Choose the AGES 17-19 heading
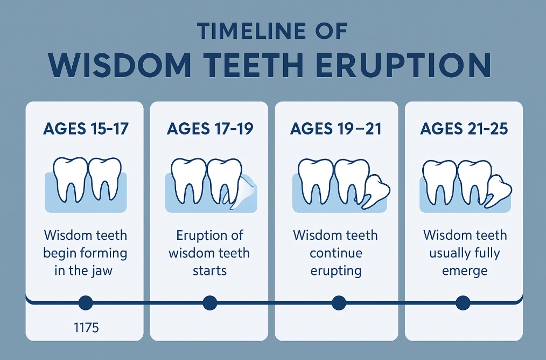coord(209,129)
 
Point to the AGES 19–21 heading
coord(336,129)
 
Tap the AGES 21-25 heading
coord(463,129)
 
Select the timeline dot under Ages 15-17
coord(85,303)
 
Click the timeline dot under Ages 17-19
coord(210,303)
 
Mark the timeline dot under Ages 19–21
coord(338,303)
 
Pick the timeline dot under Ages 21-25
coord(463,303)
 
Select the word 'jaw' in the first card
coord(102,270)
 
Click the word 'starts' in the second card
coord(209,270)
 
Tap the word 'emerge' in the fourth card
coord(464,270)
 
